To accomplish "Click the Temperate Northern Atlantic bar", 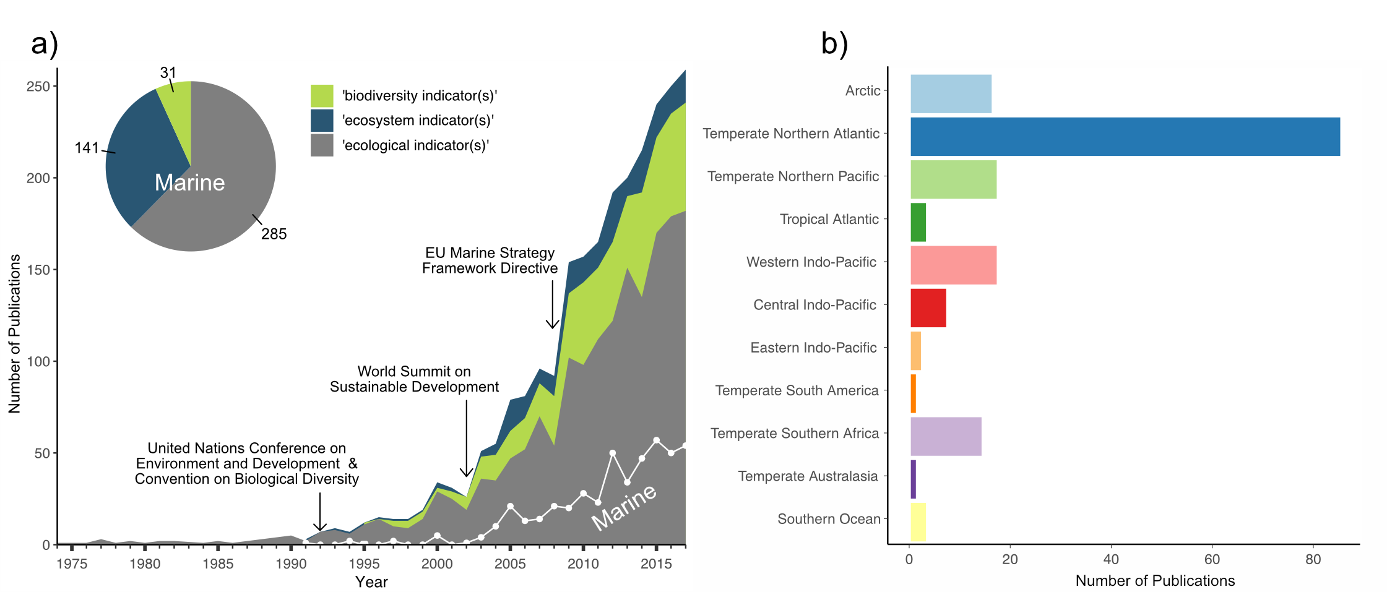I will (1125, 137).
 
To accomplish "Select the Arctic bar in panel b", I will (951, 94).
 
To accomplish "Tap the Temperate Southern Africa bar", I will (946, 437).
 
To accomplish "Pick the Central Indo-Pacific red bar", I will (928, 308).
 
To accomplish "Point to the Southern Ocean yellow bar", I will (918, 522).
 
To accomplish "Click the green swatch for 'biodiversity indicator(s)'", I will (322, 96).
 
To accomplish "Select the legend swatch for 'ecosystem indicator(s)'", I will (322, 121).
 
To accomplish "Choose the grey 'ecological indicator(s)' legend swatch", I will (322, 145).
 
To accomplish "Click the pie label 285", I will (274, 234).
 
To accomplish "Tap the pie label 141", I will (87, 148).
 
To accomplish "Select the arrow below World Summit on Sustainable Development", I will (467, 439).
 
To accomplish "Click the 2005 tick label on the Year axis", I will (510, 564).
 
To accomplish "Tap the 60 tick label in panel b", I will (1212, 560).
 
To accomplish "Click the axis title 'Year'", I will (371, 582).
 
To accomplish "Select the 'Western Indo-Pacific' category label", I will (811, 262).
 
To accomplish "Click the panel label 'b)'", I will (834, 44).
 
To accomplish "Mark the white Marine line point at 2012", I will (613, 453).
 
